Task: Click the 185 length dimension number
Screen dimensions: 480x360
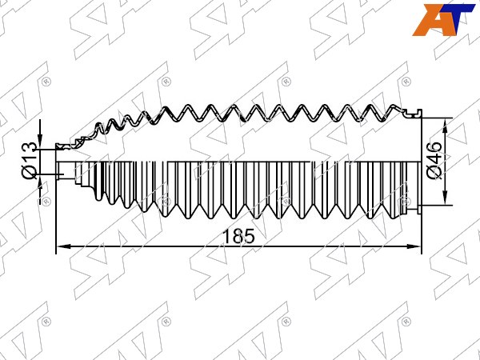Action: pyautogui.click(x=239, y=236)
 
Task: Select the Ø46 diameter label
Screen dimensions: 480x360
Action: pyautogui.click(x=434, y=161)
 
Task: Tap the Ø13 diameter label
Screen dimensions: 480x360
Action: pyautogui.click(x=30, y=161)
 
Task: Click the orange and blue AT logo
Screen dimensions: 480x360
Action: pyautogui.click(x=443, y=20)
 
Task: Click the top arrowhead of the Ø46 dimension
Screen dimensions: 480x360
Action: pyautogui.click(x=445, y=125)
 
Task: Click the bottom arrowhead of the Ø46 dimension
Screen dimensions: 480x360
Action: pyautogui.click(x=445, y=198)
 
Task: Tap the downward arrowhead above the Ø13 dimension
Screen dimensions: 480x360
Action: pyautogui.click(x=40, y=142)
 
